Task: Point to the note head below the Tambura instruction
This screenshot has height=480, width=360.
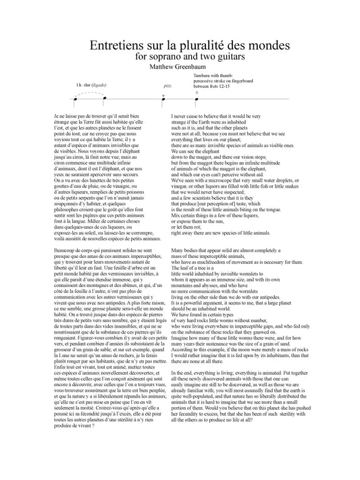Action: click(x=197, y=98)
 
